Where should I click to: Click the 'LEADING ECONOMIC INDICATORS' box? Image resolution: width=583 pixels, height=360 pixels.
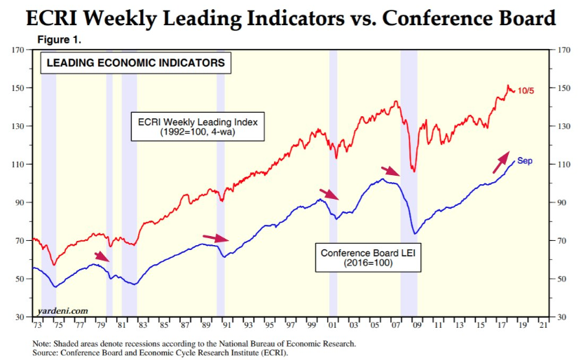135,63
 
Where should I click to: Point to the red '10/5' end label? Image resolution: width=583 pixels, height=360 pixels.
526,90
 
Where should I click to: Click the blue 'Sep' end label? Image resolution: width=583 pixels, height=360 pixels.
525,161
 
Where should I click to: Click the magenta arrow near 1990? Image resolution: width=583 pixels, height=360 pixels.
215,239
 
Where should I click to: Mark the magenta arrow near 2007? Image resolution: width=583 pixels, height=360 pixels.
390,171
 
